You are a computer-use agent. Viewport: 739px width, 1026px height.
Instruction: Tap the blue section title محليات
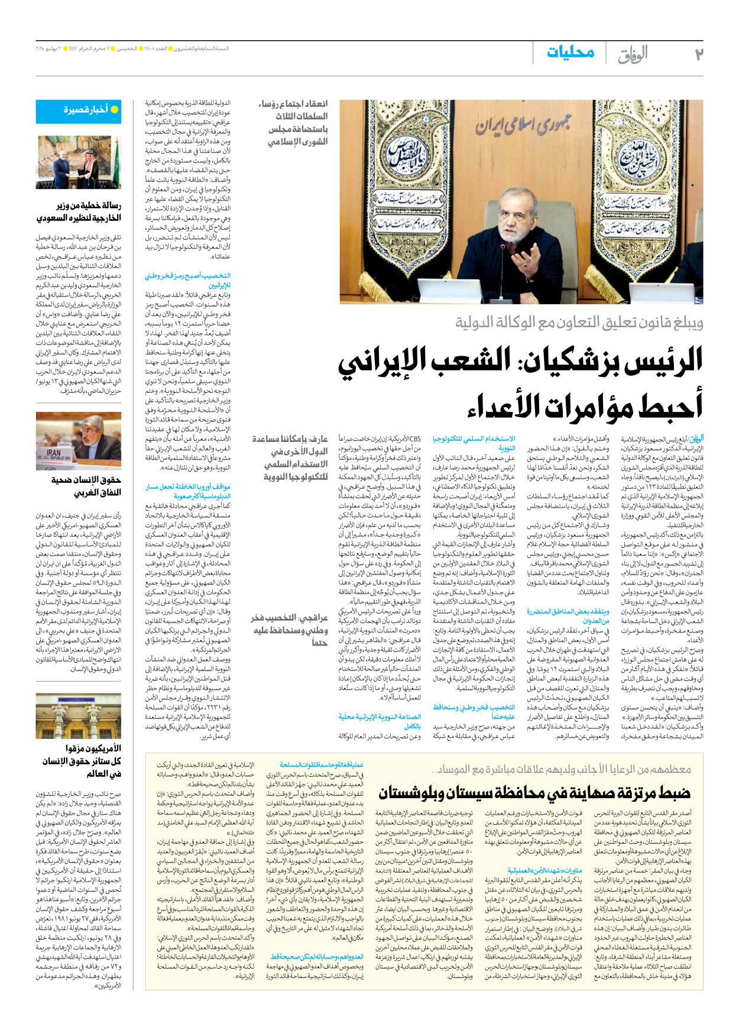(x=570, y=52)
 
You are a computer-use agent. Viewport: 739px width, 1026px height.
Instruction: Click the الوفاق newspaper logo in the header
(x=633, y=55)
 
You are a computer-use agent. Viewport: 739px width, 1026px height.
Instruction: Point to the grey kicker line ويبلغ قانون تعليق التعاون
(x=579, y=322)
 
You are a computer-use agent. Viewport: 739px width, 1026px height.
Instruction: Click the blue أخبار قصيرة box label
(x=85, y=110)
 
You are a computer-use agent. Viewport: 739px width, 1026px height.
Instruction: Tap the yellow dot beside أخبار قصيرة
(x=115, y=110)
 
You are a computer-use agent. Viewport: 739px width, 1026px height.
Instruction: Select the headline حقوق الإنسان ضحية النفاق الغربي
(x=85, y=486)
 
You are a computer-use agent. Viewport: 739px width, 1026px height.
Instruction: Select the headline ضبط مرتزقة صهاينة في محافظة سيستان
(x=534, y=792)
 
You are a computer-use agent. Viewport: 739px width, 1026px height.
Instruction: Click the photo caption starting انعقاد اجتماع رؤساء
(x=294, y=123)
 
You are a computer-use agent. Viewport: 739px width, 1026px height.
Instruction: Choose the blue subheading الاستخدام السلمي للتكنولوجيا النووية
(x=474, y=443)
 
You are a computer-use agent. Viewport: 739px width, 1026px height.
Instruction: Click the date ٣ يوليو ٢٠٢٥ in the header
(x=48, y=48)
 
